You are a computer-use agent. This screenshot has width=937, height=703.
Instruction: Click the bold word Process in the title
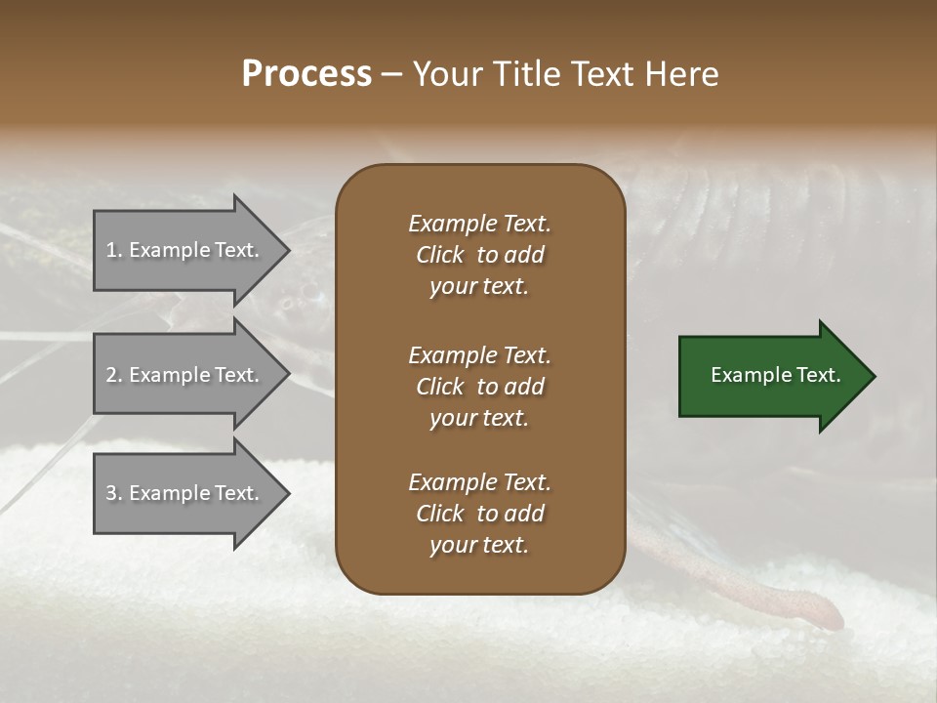coord(306,74)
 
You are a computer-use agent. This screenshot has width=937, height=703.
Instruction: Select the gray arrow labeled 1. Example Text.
coord(185,250)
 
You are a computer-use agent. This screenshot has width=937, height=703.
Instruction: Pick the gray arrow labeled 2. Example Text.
coord(185,375)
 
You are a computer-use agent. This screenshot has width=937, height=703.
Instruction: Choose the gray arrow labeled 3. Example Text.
coord(185,493)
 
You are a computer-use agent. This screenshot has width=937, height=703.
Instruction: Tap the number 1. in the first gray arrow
coord(113,250)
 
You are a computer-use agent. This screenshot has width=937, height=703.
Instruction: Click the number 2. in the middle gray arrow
coord(113,375)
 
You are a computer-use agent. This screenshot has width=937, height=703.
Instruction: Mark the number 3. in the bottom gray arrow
coord(113,493)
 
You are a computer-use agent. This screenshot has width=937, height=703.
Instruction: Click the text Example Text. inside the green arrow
coord(776,375)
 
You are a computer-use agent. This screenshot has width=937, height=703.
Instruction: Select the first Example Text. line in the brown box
coord(479,224)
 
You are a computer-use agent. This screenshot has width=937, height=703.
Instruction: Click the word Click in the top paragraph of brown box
coord(440,255)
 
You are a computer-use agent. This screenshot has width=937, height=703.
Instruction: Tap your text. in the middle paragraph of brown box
coord(479,418)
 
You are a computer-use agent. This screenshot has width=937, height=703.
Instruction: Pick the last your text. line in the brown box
coord(479,546)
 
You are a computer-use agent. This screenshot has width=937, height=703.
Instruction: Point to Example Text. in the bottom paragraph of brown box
coord(479,482)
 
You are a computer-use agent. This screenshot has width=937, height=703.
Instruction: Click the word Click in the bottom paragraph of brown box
coord(440,514)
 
